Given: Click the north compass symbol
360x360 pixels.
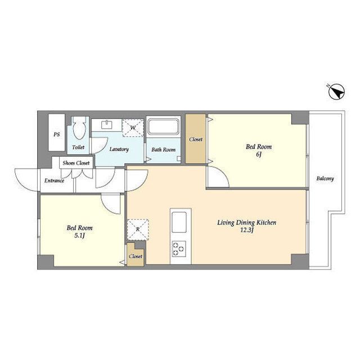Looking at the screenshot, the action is [336, 92].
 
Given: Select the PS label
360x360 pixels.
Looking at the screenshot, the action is [56, 134].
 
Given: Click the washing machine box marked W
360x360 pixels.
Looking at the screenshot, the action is [133, 128].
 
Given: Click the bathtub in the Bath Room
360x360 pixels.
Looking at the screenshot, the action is [163, 127].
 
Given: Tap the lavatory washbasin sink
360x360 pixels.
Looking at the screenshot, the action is [107, 125].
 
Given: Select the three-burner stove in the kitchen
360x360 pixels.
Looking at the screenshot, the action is [179, 249].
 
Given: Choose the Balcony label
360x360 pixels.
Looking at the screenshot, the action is [325, 178].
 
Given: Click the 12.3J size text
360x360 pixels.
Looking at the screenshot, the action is [246, 230].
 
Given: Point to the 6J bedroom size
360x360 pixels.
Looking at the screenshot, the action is [259, 155].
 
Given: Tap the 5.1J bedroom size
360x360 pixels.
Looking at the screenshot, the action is [79, 236].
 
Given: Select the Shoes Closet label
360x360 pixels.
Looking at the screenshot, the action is [76, 163].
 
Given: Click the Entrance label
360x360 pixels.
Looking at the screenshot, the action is [54, 181].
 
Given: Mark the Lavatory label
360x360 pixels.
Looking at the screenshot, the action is [119, 149].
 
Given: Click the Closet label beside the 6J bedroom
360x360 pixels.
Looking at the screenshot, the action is [196, 139].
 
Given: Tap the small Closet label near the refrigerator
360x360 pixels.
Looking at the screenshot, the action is [136, 256].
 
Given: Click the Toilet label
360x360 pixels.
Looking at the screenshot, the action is [78, 147].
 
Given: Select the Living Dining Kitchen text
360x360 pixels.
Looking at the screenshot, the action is [247, 223].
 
